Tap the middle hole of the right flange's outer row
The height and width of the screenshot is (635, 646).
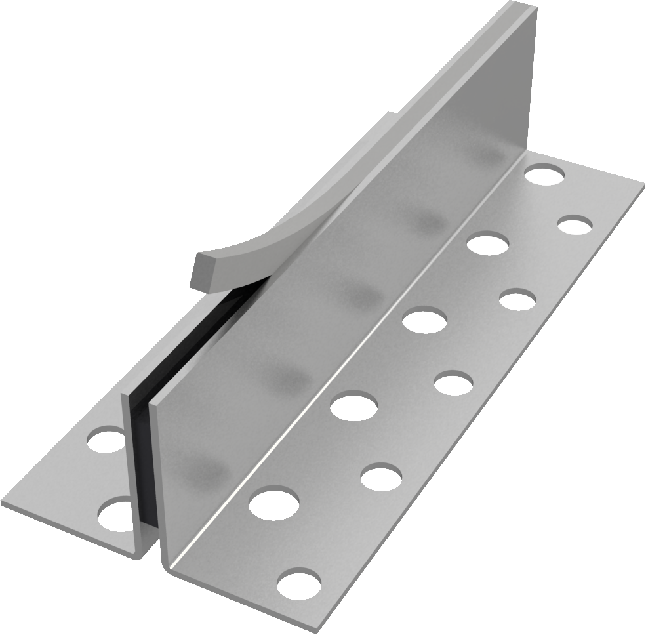click(454, 383)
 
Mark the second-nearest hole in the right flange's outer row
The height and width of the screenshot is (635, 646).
click(381, 476)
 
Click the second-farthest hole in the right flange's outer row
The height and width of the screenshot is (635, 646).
click(517, 300)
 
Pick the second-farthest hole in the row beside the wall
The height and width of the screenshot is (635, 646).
click(489, 243)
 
